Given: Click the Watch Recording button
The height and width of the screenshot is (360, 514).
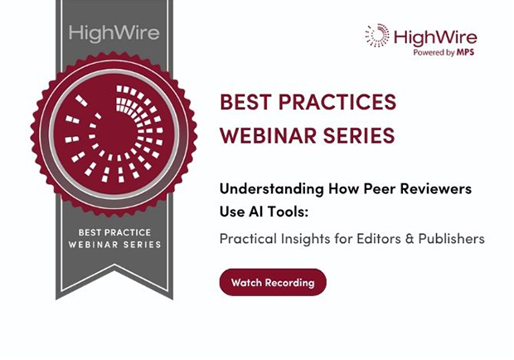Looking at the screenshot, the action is pyautogui.click(x=273, y=282).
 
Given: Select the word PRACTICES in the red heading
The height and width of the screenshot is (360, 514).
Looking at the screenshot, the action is pyautogui.click(x=337, y=102).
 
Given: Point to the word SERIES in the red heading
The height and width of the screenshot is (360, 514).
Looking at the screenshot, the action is pyautogui.click(x=359, y=135).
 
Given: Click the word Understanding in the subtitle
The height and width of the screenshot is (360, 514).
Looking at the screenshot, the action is pyautogui.click(x=272, y=189).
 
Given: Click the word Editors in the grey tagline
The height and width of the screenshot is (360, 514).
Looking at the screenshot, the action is pyautogui.click(x=379, y=239).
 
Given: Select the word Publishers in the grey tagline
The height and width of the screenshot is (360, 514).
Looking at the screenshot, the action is pyautogui.click(x=451, y=239).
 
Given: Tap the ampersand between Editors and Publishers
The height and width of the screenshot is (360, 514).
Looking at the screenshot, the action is pyautogui.click(x=410, y=239).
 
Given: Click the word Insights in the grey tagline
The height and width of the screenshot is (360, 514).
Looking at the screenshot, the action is pyautogui.click(x=306, y=239).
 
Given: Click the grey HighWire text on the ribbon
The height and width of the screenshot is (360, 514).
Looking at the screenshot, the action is pyautogui.click(x=114, y=33).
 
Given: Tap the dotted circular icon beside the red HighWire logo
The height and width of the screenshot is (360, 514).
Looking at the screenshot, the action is pyautogui.click(x=377, y=35).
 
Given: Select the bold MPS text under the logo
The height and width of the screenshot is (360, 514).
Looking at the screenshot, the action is pyautogui.click(x=465, y=52).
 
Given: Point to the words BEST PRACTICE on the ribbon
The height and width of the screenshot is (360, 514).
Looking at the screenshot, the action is pyautogui.click(x=114, y=232).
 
